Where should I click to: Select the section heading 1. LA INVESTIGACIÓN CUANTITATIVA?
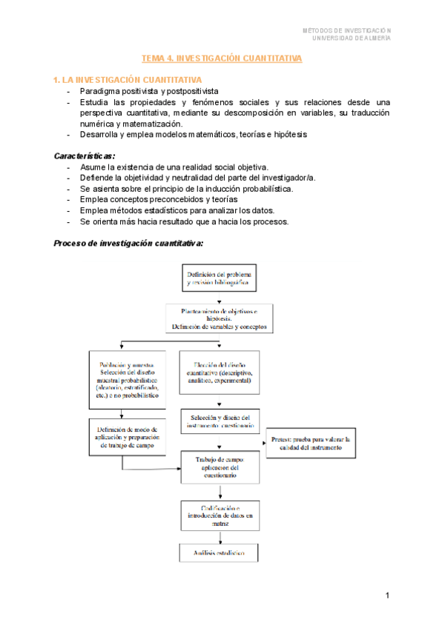[127, 79]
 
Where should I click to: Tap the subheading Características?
[85, 156]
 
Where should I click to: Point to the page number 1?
[387, 595]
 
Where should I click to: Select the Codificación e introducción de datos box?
[218, 515]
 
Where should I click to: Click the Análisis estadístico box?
[218, 553]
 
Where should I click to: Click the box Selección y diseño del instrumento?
[218, 421]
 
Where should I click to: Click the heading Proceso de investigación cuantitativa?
[129, 243]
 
